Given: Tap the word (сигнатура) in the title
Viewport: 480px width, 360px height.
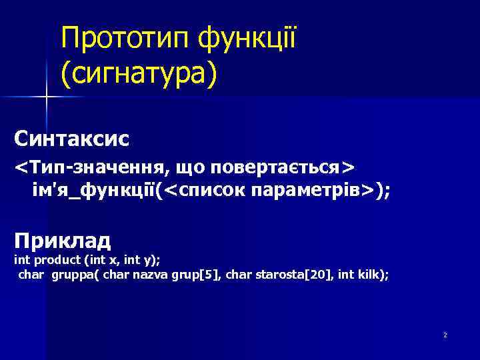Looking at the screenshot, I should pos(139,74).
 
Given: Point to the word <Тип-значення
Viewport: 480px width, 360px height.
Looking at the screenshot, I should pos(77,165).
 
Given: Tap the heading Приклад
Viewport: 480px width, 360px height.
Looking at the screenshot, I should pos(63,239).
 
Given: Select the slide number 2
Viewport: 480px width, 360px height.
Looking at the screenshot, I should pos(445,335).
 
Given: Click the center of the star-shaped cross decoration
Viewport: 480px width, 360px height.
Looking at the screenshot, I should pos(46,97).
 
